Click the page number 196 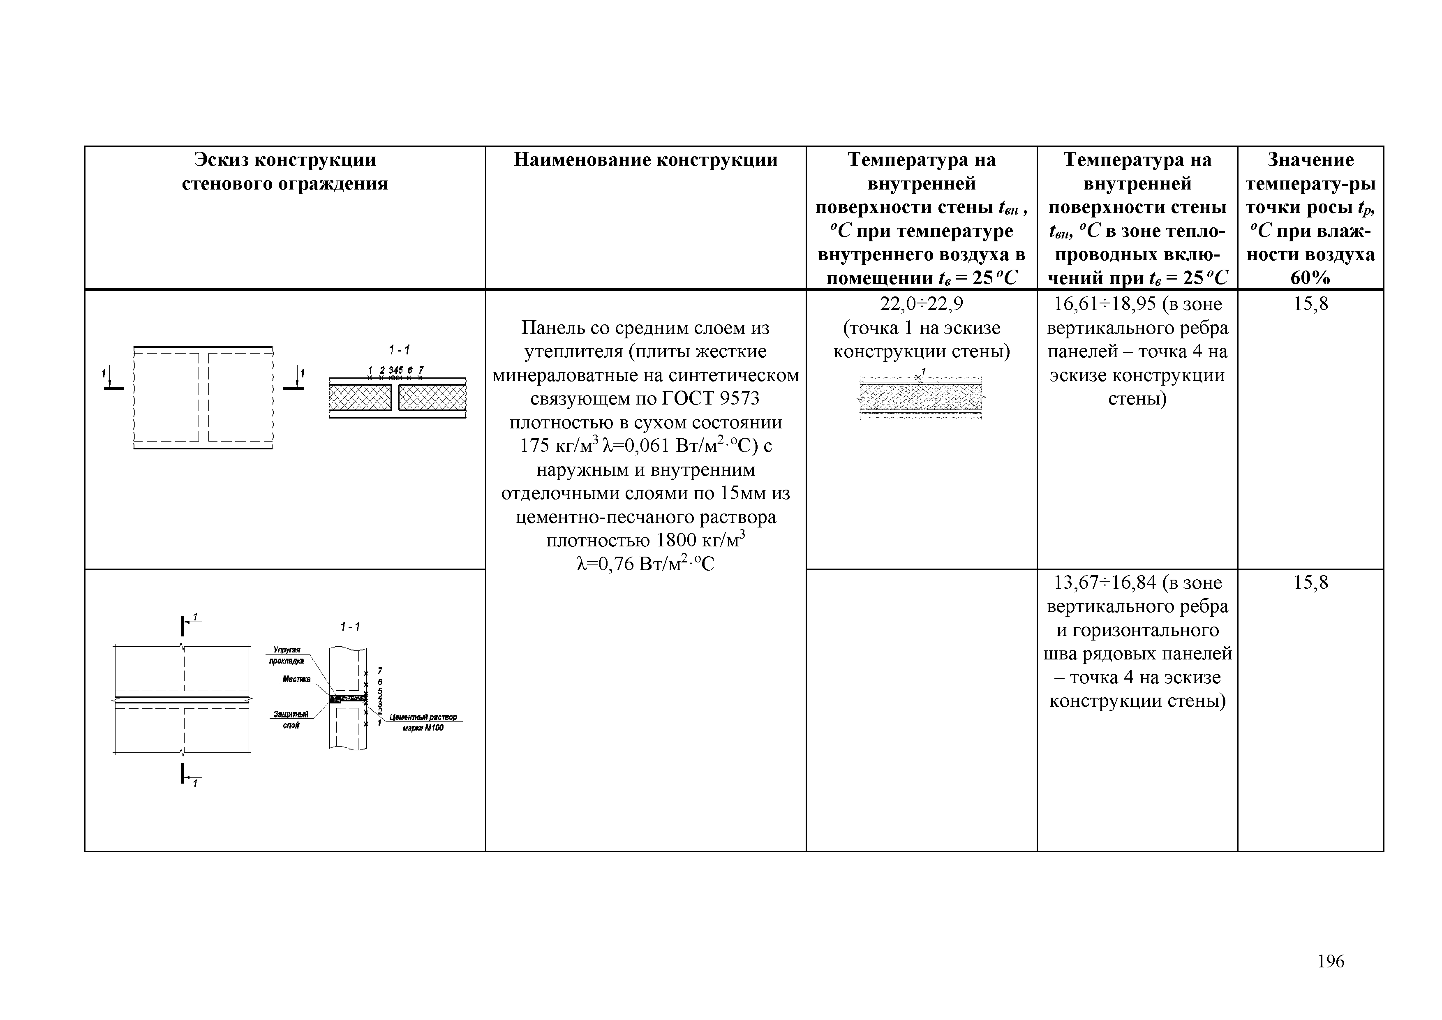click(1330, 961)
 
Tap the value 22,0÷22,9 click(921, 304)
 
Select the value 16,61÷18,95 click(1105, 304)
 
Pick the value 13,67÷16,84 click(1105, 583)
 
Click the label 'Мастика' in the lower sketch click(296, 679)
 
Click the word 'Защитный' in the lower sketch click(290, 714)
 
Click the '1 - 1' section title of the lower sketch click(350, 626)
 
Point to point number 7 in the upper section click(421, 370)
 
